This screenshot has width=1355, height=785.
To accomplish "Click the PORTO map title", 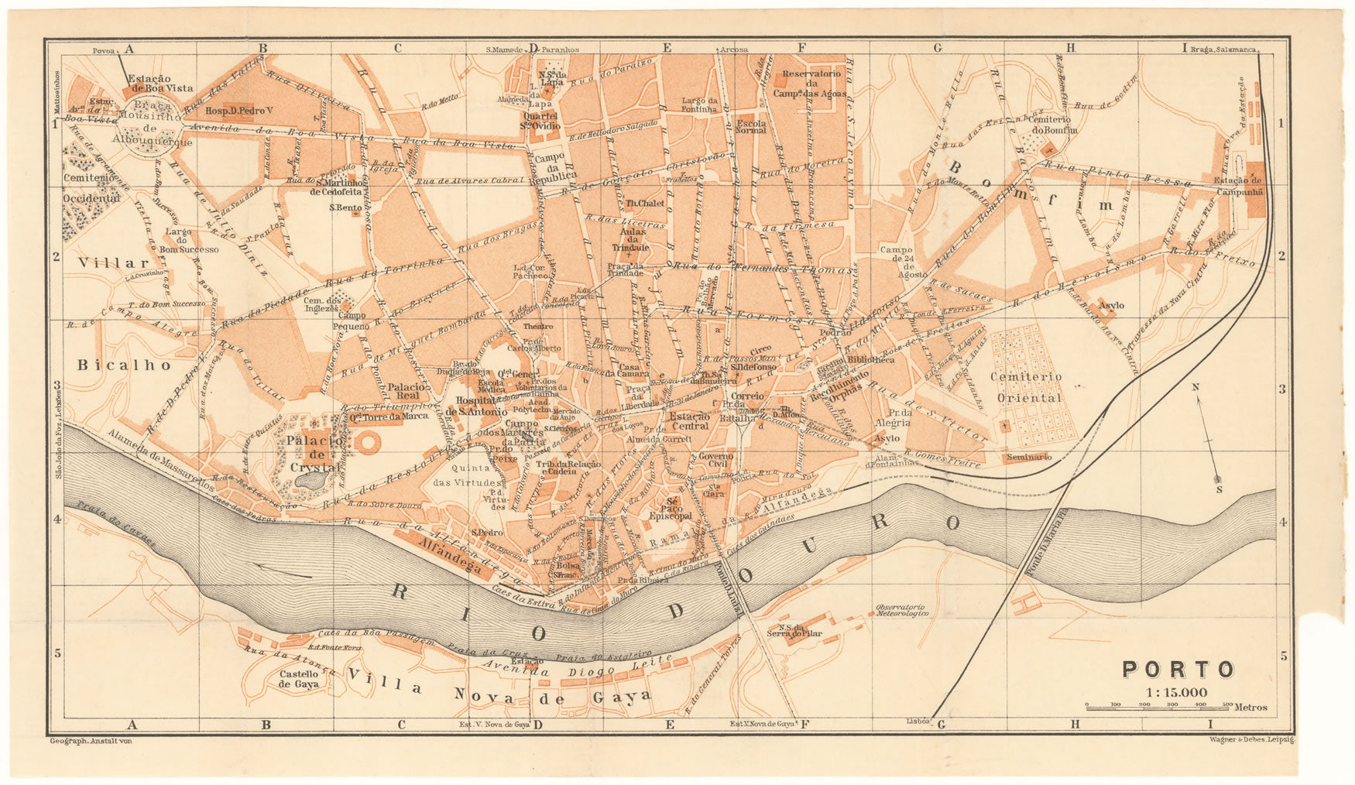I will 1178,669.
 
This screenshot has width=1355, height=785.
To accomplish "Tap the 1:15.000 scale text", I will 1178,692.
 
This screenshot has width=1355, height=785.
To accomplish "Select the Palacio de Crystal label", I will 313,454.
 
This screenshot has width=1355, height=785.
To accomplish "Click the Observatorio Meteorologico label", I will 902,609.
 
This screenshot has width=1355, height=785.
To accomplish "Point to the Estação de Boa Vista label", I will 160,83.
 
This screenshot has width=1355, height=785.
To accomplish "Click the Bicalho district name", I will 123,365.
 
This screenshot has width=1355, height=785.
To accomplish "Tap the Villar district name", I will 113,263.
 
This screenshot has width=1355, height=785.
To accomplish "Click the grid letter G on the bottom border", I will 942,725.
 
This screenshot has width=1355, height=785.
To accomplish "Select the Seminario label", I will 1029,458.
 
